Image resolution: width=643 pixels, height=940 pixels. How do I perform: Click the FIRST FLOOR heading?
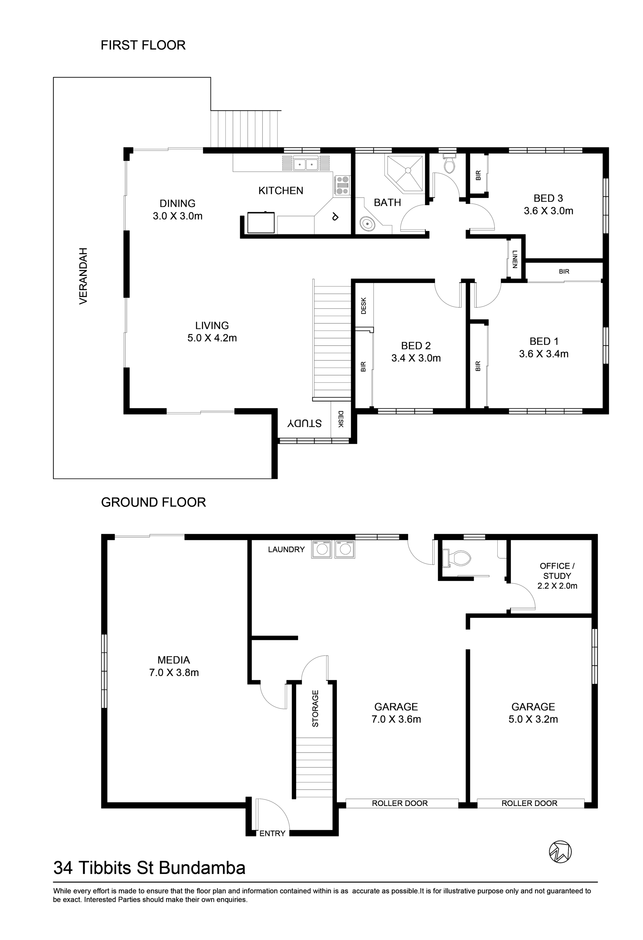(143, 45)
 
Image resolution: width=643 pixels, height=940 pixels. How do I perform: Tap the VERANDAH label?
(83, 276)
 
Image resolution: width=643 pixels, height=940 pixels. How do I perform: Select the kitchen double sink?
(305, 164)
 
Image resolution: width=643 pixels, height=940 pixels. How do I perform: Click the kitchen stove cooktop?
(342, 185)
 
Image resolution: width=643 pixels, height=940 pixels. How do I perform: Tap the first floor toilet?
(449, 163)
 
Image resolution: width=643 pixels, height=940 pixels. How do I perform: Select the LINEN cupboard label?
(515, 259)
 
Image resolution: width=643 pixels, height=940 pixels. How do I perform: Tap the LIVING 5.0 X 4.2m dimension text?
(212, 338)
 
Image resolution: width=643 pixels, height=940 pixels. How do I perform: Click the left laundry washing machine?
(321, 549)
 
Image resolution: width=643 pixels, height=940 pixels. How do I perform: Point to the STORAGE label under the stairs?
(315, 708)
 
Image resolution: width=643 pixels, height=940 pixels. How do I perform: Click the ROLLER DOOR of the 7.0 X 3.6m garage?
(400, 803)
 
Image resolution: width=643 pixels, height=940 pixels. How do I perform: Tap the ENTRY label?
(272, 833)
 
